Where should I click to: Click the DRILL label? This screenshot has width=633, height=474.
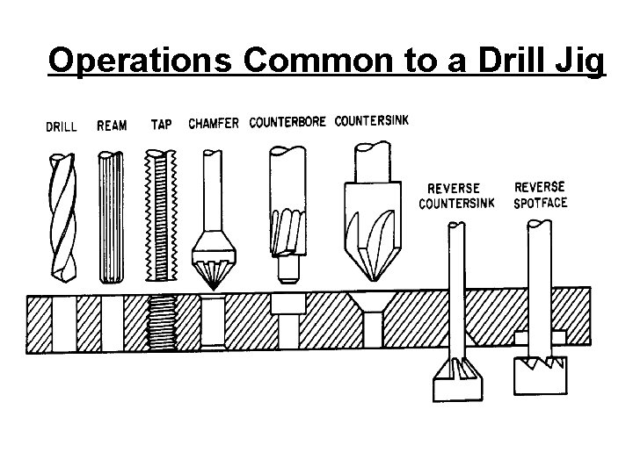point(62,126)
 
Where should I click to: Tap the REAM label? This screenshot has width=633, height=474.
point(112,125)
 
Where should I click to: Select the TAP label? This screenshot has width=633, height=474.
point(161,124)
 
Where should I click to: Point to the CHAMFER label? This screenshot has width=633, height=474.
point(214,123)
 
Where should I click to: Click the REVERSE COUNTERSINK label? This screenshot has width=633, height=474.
point(457,196)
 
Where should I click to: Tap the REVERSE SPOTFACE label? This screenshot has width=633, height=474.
point(541,194)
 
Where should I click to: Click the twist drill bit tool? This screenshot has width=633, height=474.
point(62,215)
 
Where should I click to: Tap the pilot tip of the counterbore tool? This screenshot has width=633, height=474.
point(288,268)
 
